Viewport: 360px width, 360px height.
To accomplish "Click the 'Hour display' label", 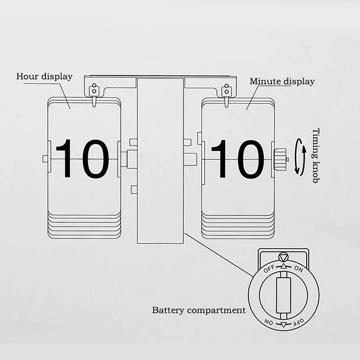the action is pos(44,76).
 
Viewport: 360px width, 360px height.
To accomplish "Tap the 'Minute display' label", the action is pos(282,81).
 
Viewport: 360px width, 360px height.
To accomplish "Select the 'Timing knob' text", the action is pos(316,156).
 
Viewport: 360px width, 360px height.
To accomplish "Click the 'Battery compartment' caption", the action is pos(199,310).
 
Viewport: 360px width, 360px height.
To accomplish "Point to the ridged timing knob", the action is pos(280,159).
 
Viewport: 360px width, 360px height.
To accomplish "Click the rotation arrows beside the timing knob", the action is pos(301,157).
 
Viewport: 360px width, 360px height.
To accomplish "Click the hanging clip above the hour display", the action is pos(94,94).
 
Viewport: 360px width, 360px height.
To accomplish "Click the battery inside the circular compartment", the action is pos(283,295).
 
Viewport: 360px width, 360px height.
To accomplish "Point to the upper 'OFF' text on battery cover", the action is pos(269,269).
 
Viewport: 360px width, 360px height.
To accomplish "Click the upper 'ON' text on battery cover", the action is pos(298,269).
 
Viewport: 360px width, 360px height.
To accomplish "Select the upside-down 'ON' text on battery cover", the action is pos(269,322).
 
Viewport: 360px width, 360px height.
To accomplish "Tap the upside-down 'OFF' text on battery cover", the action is pos(298,321).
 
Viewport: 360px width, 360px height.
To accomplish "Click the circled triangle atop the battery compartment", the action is pos(283,257).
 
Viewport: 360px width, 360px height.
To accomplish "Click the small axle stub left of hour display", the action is pos(45,159).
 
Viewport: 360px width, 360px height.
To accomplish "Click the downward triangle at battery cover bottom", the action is pos(284,324).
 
